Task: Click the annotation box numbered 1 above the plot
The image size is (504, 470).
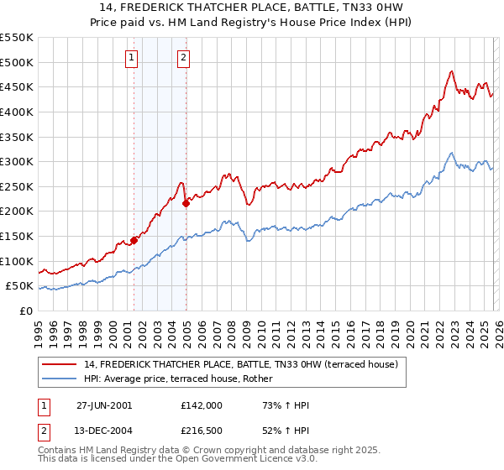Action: click(x=133, y=58)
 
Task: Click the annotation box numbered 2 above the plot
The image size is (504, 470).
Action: click(x=183, y=58)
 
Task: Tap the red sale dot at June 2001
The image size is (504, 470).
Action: click(x=134, y=240)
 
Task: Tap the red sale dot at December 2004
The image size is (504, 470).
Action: click(x=186, y=203)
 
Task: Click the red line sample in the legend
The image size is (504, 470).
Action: click(x=60, y=363)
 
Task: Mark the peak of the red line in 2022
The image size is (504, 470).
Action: click(x=451, y=71)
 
